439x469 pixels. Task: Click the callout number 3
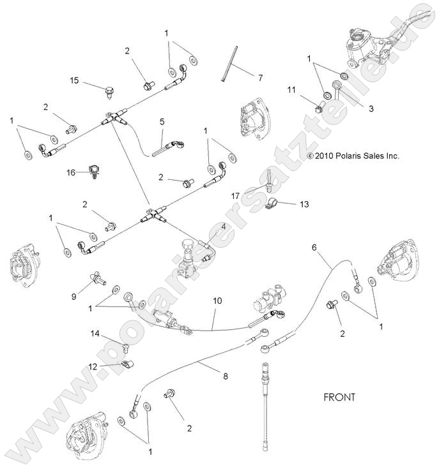370,108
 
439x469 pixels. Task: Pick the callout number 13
304,204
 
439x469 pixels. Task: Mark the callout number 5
162,121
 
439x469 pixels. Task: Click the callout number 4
223,227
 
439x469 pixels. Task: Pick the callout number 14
95,334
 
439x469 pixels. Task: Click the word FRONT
339,397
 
